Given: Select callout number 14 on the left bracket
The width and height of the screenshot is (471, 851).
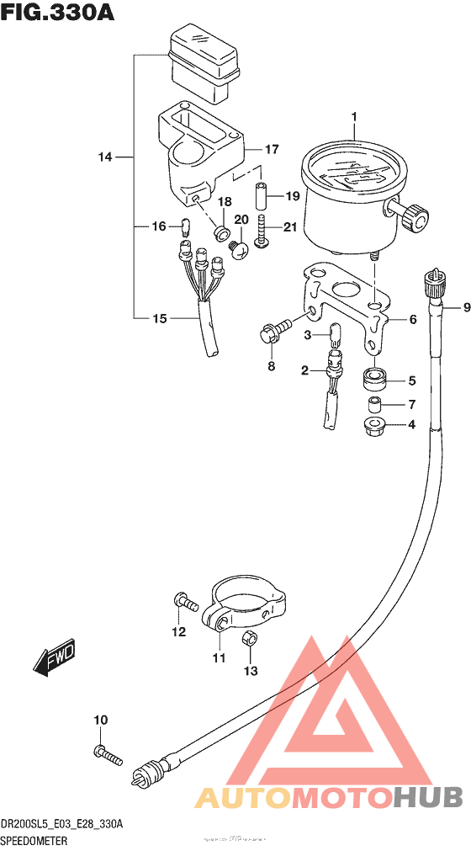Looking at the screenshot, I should [x=103, y=157].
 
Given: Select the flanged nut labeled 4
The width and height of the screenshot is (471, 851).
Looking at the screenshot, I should [x=374, y=425].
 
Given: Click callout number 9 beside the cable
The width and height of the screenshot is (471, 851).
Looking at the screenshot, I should [x=454, y=308].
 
